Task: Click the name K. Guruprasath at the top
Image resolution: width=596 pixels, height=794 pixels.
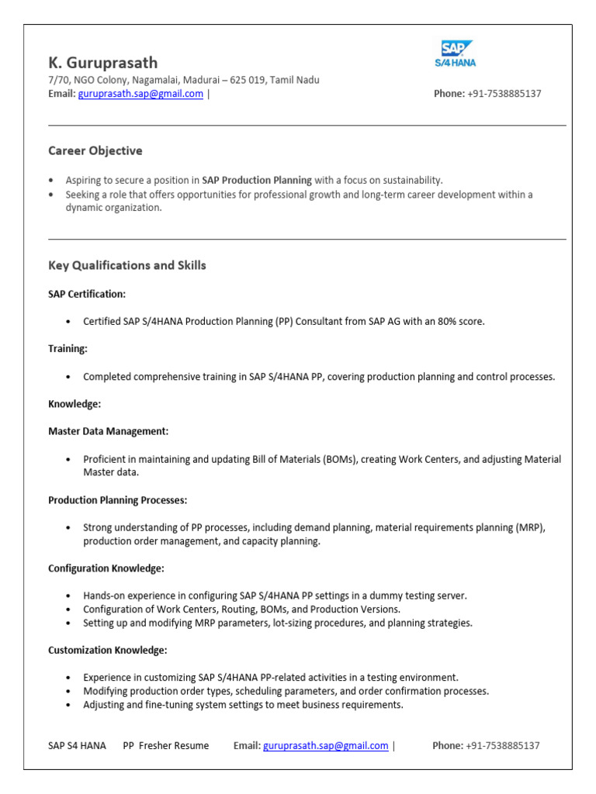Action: coord(102,63)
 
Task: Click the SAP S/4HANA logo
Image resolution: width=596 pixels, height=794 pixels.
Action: coord(455,54)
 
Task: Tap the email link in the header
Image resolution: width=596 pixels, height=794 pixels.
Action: coord(140,94)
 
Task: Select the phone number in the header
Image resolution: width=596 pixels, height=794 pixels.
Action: coord(504,94)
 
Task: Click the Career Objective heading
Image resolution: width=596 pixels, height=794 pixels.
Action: coord(95,150)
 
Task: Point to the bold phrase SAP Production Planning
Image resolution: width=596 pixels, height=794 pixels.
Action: coord(256,180)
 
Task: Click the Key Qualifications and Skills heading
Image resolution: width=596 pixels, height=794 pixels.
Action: coord(127,265)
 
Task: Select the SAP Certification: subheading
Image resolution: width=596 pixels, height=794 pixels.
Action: coord(87,294)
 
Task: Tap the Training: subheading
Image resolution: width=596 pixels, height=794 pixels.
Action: coord(68,349)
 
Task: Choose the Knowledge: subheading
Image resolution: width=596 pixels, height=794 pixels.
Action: coord(74,404)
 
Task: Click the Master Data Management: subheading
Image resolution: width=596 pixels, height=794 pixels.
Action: coord(108,431)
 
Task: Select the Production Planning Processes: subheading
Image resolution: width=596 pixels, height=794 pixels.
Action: coord(117,500)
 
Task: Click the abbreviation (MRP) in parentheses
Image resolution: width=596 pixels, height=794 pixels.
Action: coord(530,528)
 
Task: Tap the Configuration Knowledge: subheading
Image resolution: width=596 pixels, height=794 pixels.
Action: coord(106,568)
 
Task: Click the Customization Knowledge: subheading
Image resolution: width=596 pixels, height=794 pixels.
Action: coord(108,650)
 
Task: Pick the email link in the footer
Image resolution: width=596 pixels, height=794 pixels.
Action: coord(326,746)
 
